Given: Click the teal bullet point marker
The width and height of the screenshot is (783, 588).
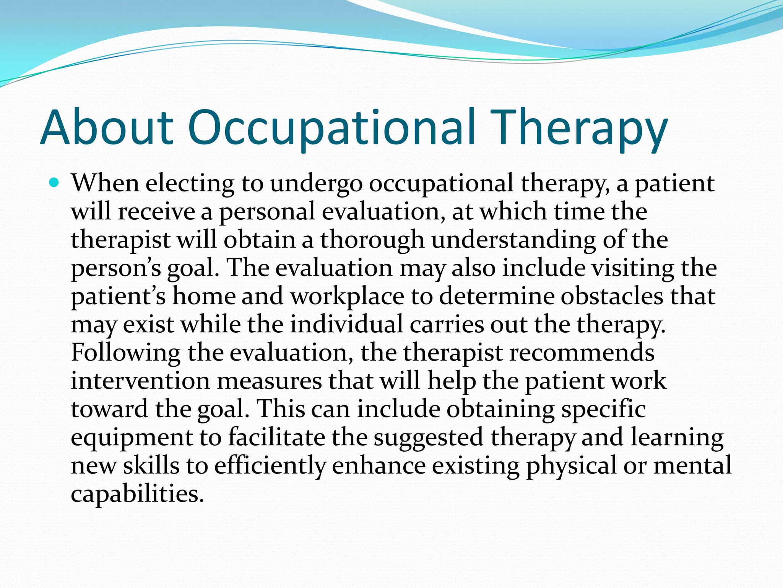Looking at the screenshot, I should tap(54, 183).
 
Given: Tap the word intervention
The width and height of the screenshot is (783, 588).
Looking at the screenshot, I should tap(140, 381).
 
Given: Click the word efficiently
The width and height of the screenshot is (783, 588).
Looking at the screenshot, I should tap(270, 466).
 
